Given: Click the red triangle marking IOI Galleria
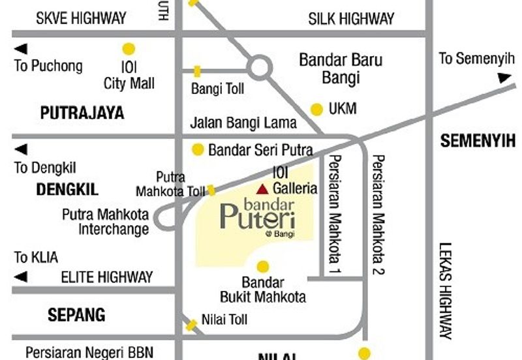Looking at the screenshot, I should pyautogui.click(x=262, y=189).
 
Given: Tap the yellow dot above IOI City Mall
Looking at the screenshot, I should pyautogui.click(x=129, y=48).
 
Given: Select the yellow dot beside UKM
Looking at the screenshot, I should pyautogui.click(x=316, y=109).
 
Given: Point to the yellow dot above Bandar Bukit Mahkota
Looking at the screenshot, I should pyautogui.click(x=263, y=266).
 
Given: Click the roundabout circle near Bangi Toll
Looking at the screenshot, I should pyautogui.click(x=260, y=67).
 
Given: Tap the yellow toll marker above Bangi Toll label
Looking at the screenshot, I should pyautogui.click(x=196, y=70).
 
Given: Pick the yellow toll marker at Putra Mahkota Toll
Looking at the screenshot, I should pyautogui.click(x=211, y=190).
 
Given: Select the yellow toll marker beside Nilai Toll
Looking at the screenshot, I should pyautogui.click(x=191, y=324).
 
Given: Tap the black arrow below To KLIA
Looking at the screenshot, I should pyautogui.click(x=22, y=277).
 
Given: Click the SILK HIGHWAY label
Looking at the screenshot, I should pyautogui.click(x=351, y=18).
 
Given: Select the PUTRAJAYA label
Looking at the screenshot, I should pyautogui.click(x=82, y=113).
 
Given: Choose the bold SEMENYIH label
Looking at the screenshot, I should pyautogui.click(x=478, y=140).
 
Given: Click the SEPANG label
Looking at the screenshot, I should pyautogui.click(x=76, y=315).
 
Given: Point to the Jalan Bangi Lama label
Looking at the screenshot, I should pyautogui.click(x=243, y=123).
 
